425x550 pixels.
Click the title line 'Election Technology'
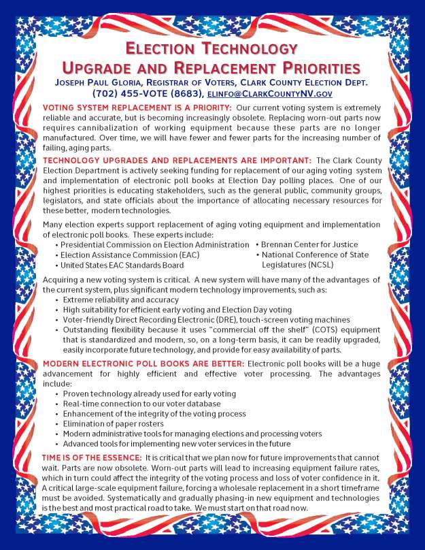(x=211, y=49)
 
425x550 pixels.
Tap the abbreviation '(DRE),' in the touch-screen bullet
(x=234, y=319)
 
